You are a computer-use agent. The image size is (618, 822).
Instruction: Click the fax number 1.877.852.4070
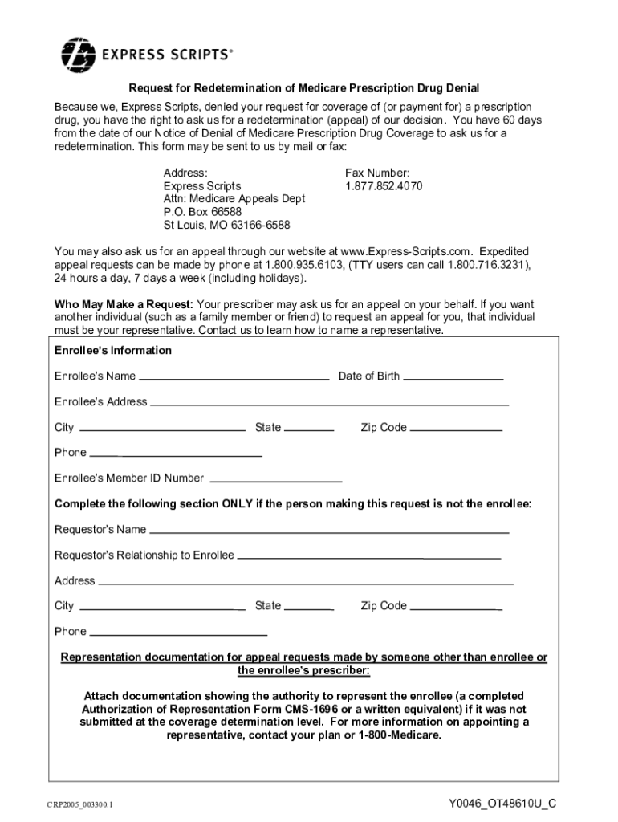[x=384, y=186]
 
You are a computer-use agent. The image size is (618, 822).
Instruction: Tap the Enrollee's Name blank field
[x=234, y=376]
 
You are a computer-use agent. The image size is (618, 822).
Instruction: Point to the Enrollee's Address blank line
[x=329, y=401]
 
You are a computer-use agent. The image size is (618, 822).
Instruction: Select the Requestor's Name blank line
[x=329, y=530]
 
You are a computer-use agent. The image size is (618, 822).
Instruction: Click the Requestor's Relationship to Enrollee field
[x=369, y=555]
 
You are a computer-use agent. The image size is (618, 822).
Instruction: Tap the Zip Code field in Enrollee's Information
[x=455, y=428]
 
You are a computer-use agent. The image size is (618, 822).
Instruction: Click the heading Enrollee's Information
[x=113, y=351]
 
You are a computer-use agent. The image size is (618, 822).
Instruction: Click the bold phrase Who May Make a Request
[x=123, y=305]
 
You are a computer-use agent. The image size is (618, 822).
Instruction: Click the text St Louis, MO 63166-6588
[x=227, y=225]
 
